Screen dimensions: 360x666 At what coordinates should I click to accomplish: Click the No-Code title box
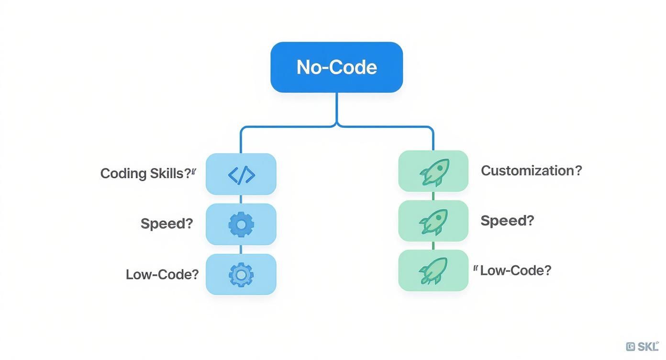(x=336, y=67)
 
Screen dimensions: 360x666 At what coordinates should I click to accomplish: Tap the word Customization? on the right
(x=531, y=170)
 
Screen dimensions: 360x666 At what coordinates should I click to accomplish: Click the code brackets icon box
(x=241, y=174)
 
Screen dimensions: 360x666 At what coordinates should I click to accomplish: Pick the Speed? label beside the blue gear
(x=166, y=224)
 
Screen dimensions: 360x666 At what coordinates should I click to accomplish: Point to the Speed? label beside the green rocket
(x=507, y=221)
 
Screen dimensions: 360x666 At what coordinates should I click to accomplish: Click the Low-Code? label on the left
(x=162, y=274)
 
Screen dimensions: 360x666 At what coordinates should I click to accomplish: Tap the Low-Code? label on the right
(x=515, y=270)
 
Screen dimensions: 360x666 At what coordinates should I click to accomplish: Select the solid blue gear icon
(x=241, y=224)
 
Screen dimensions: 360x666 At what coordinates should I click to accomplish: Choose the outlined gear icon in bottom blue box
(x=241, y=275)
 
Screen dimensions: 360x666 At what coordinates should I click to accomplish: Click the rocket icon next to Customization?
(x=434, y=171)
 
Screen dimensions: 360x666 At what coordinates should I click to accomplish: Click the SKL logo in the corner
(x=642, y=347)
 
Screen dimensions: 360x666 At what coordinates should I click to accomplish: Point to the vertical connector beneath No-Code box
(x=337, y=108)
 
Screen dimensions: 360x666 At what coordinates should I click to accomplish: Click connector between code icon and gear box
(x=241, y=199)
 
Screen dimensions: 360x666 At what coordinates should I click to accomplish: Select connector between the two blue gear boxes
(x=241, y=249)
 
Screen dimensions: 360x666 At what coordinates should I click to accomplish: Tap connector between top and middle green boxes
(x=433, y=196)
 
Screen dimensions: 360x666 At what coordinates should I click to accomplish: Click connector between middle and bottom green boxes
(x=433, y=246)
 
